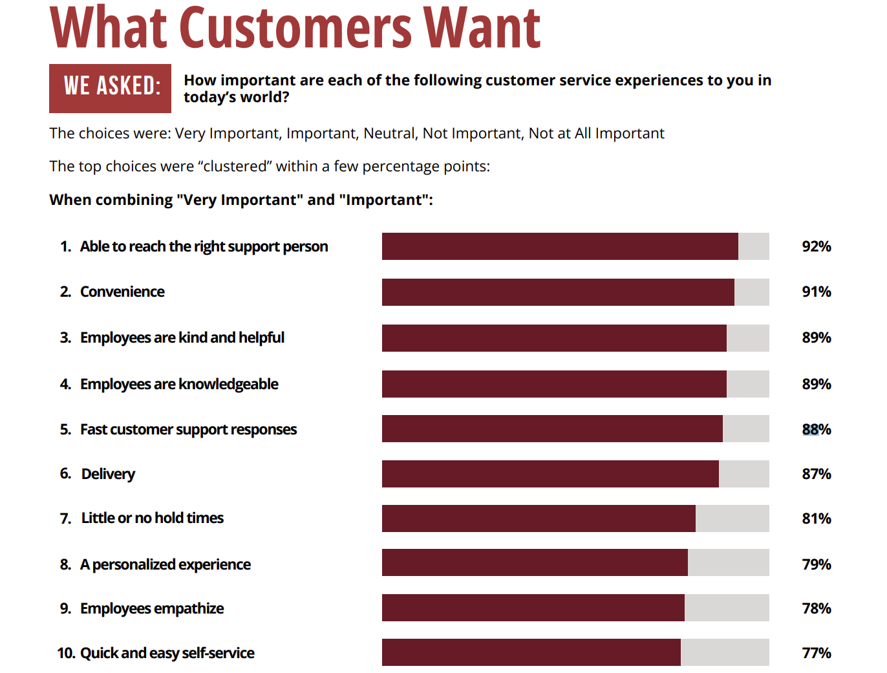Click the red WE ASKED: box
(x=110, y=88)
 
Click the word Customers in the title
(x=295, y=28)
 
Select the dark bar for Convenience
(x=558, y=292)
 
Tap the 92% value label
(x=816, y=246)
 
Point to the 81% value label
(x=816, y=518)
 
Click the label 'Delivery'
(x=108, y=474)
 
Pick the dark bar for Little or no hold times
(x=539, y=518)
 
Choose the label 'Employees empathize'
(x=152, y=608)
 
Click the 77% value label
(x=816, y=653)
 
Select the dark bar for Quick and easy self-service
(x=531, y=652)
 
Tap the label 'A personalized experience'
(x=165, y=564)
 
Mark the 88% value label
(x=816, y=429)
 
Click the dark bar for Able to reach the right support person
(x=560, y=246)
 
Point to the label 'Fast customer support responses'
(x=188, y=429)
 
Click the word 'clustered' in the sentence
(x=237, y=166)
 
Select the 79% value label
(x=816, y=564)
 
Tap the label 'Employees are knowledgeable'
(x=179, y=384)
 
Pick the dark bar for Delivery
(x=550, y=474)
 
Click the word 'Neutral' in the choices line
(x=390, y=133)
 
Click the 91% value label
(x=816, y=292)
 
